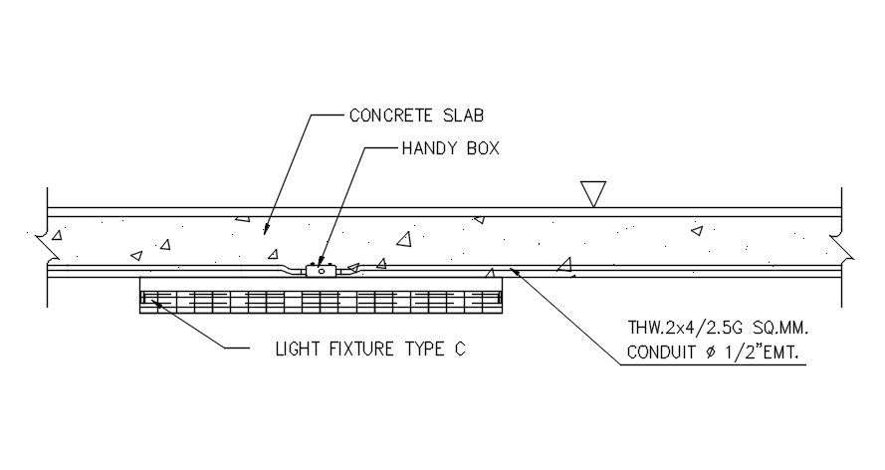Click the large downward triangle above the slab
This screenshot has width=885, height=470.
pos(593,193)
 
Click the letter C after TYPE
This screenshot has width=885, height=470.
pos(460,350)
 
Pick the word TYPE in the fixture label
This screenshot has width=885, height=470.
pos(429,350)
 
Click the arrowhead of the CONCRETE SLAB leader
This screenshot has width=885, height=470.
pos(265,231)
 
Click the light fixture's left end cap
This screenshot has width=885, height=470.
pos(144,296)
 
